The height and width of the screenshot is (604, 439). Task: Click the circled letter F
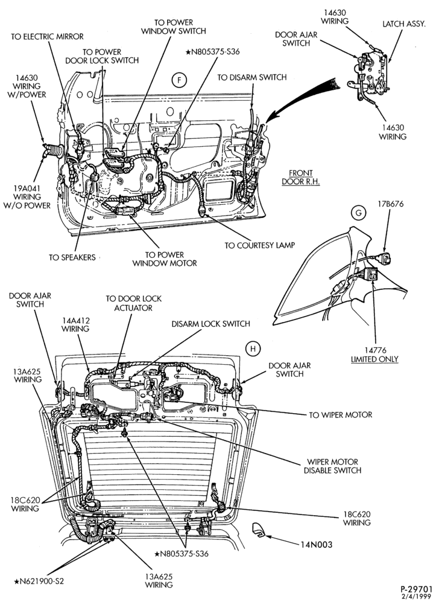click(x=178, y=80)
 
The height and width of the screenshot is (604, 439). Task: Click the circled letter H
click(x=253, y=349)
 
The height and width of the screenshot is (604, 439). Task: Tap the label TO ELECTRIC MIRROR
click(x=47, y=37)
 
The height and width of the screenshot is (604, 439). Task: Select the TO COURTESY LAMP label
click(x=260, y=245)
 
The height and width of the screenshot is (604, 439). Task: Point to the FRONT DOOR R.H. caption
click(x=301, y=177)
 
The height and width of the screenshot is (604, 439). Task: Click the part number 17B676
click(x=390, y=204)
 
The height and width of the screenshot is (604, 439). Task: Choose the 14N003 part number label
click(x=317, y=545)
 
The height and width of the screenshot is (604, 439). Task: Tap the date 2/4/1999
click(x=419, y=597)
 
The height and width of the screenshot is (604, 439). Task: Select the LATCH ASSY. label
click(x=404, y=24)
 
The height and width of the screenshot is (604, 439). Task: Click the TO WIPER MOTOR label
click(x=341, y=415)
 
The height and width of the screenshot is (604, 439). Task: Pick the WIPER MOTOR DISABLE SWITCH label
click(x=332, y=466)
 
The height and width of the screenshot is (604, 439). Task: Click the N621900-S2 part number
click(x=39, y=581)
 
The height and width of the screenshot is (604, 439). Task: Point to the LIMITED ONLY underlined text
click(x=374, y=359)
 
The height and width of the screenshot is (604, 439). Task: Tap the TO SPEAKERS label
click(x=72, y=257)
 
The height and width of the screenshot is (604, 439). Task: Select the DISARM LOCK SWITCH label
click(x=210, y=324)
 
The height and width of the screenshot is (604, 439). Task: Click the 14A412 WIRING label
click(x=75, y=325)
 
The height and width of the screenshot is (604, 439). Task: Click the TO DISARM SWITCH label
click(x=252, y=77)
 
